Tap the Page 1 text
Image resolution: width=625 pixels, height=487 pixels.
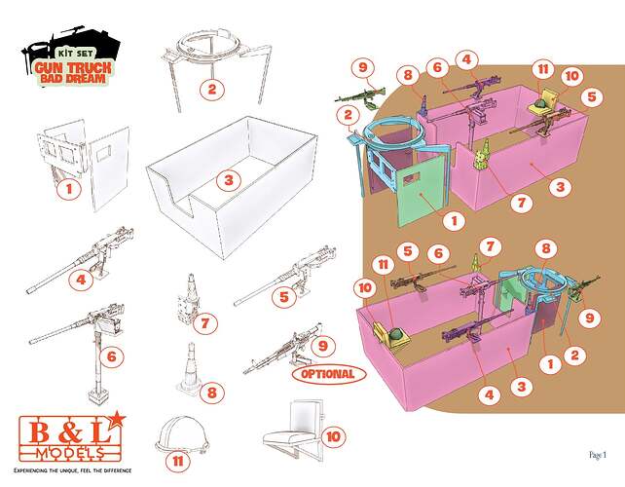[x=598, y=455]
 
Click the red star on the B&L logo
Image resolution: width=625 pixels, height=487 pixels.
[x=117, y=420]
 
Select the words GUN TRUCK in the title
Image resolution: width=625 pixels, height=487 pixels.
[x=73, y=67]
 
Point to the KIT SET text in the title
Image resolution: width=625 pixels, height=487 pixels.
[x=75, y=54]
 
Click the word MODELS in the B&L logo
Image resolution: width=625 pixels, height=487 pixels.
[x=70, y=453]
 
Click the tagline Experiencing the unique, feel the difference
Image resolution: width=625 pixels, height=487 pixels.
[x=73, y=470]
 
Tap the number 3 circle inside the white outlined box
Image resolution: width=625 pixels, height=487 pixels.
[x=229, y=180]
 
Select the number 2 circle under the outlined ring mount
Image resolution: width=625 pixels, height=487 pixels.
[x=211, y=89]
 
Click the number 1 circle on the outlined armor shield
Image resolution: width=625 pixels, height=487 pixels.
[x=69, y=189]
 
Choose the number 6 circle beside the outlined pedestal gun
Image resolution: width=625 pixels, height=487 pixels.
[x=112, y=356]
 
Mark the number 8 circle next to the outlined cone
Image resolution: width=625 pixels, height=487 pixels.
[x=211, y=393]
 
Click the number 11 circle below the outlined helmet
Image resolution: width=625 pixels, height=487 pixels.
[x=178, y=462]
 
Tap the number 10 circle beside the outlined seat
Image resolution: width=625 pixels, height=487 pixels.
[x=333, y=436]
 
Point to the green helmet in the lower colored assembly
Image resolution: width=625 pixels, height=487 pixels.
[x=396, y=334]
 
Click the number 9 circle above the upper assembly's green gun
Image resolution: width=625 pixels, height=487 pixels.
[x=363, y=67]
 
